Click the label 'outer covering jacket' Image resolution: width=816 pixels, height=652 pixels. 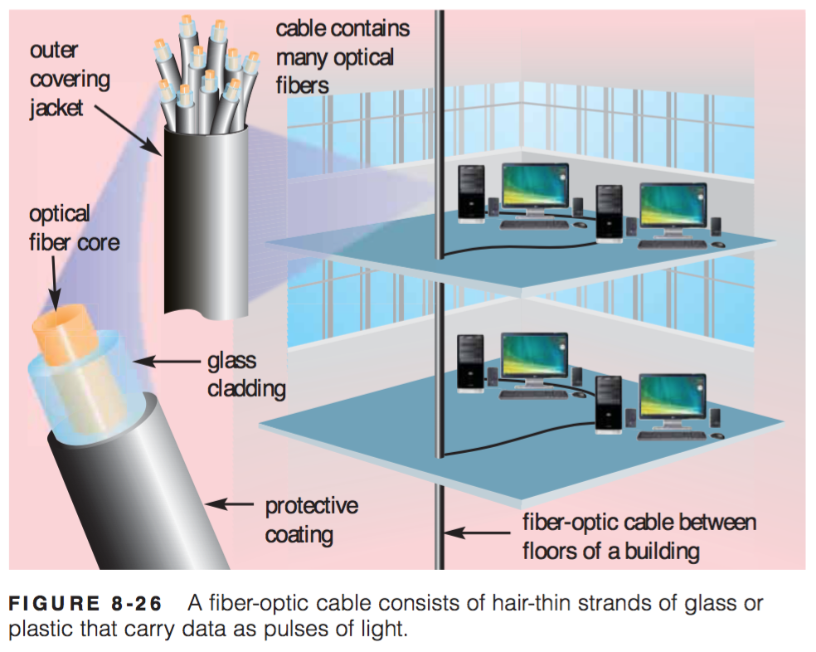(70, 80)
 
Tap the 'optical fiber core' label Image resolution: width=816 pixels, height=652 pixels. (74, 227)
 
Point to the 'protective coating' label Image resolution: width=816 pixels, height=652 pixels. (311, 519)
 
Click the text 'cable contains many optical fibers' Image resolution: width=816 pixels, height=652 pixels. (342, 56)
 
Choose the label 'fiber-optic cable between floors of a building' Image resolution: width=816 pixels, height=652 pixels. (639, 537)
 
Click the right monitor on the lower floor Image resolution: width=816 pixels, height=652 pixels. (673, 399)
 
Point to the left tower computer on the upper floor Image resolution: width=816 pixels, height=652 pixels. (472, 191)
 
